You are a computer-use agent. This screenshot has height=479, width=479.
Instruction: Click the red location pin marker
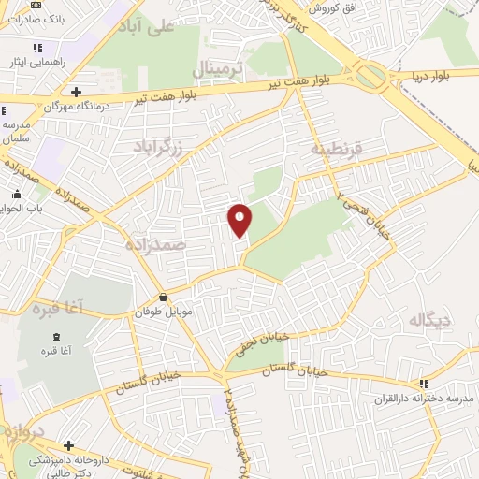pos(241,220)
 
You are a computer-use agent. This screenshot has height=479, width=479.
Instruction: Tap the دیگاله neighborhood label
pos(430,321)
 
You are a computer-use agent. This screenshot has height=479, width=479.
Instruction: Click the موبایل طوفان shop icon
pos(164,297)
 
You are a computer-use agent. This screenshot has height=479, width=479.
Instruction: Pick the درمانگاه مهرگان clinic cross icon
pos(76,92)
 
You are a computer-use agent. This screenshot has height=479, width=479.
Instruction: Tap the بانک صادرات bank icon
pos(36,5)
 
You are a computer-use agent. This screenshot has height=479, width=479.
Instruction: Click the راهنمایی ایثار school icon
pos(37,48)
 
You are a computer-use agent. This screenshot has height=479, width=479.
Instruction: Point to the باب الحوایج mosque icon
pos(18,194)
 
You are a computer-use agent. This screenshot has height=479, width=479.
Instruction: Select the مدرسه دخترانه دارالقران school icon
pos(424,383)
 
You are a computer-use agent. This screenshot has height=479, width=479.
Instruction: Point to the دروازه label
pos(21,432)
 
